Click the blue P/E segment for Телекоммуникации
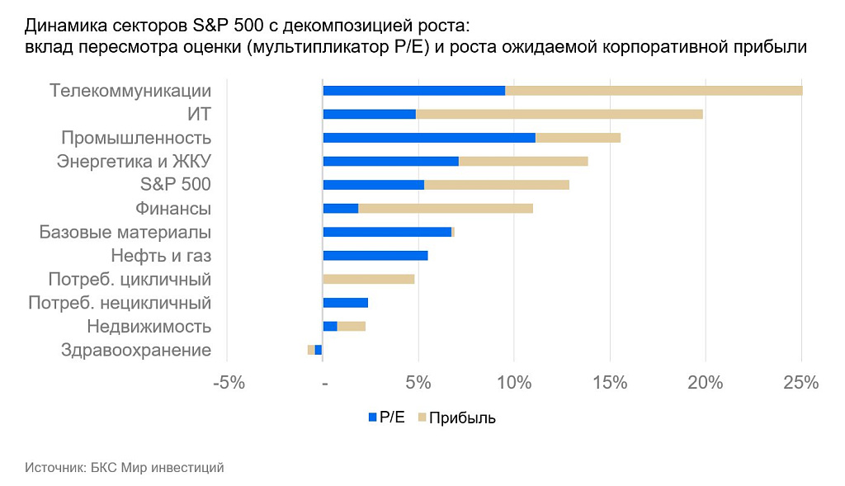pyautogui.click(x=413, y=91)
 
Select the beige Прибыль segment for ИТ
pyautogui.click(x=559, y=114)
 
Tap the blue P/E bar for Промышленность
pyautogui.click(x=429, y=138)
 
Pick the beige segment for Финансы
pyautogui.click(x=446, y=208)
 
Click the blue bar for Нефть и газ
pyautogui.click(x=375, y=256)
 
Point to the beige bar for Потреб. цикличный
pyautogui.click(x=369, y=279)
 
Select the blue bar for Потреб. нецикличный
pyautogui.click(x=346, y=303)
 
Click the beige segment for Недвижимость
pyautogui.click(x=352, y=326)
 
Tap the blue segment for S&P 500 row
pyautogui.click(x=374, y=185)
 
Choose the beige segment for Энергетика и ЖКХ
pyautogui.click(x=523, y=161)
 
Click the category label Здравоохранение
pyautogui.click(x=136, y=350)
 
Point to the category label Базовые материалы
pyautogui.click(x=125, y=233)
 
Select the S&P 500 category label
pyautogui.click(x=175, y=185)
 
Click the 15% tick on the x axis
pyautogui.click(x=610, y=383)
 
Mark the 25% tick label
pyautogui.click(x=800, y=383)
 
